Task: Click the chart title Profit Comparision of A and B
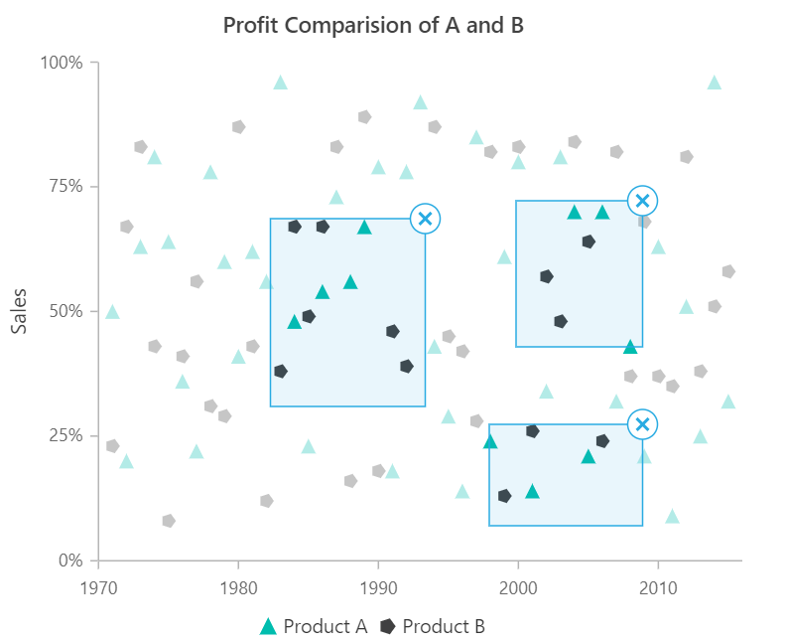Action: pyautogui.click(x=373, y=26)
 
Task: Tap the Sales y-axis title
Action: pyautogui.click(x=19, y=311)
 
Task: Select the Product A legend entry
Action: pyautogui.click(x=313, y=626)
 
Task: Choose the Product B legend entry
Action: pyautogui.click(x=433, y=626)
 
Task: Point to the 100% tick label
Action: pyautogui.click(x=62, y=63)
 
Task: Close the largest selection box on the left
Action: pyautogui.click(x=425, y=219)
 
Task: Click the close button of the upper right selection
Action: pyautogui.click(x=643, y=201)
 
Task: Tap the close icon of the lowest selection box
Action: pyautogui.click(x=643, y=424)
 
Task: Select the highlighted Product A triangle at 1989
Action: pyautogui.click(x=364, y=228)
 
